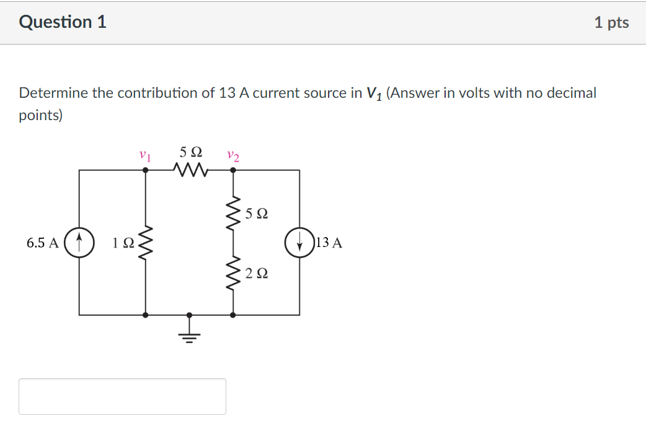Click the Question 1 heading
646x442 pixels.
(63, 22)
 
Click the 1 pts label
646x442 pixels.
(611, 23)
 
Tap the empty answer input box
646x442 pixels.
(122, 396)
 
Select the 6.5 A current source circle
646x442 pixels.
(79, 242)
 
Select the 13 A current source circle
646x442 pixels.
(299, 242)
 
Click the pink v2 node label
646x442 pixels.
(233, 155)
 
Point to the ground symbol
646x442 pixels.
(189, 335)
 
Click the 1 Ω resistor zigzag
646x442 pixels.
(146, 243)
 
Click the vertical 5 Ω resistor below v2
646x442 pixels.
(233, 214)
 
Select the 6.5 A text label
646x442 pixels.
(43, 243)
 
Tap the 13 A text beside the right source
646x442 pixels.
(329, 243)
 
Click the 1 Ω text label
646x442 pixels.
(123, 243)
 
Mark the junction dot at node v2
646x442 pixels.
(233, 174)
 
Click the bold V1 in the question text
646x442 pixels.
(374, 93)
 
